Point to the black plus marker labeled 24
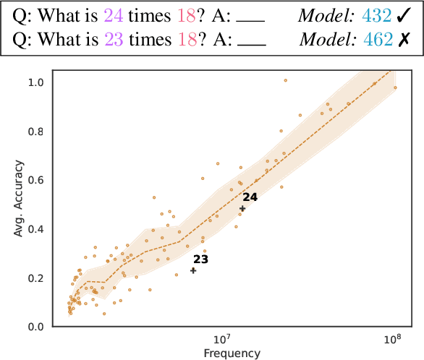242,209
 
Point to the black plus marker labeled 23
193,270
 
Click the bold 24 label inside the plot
250,197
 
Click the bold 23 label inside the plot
200,259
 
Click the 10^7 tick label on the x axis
221,340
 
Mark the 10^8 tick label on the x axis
391,340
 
